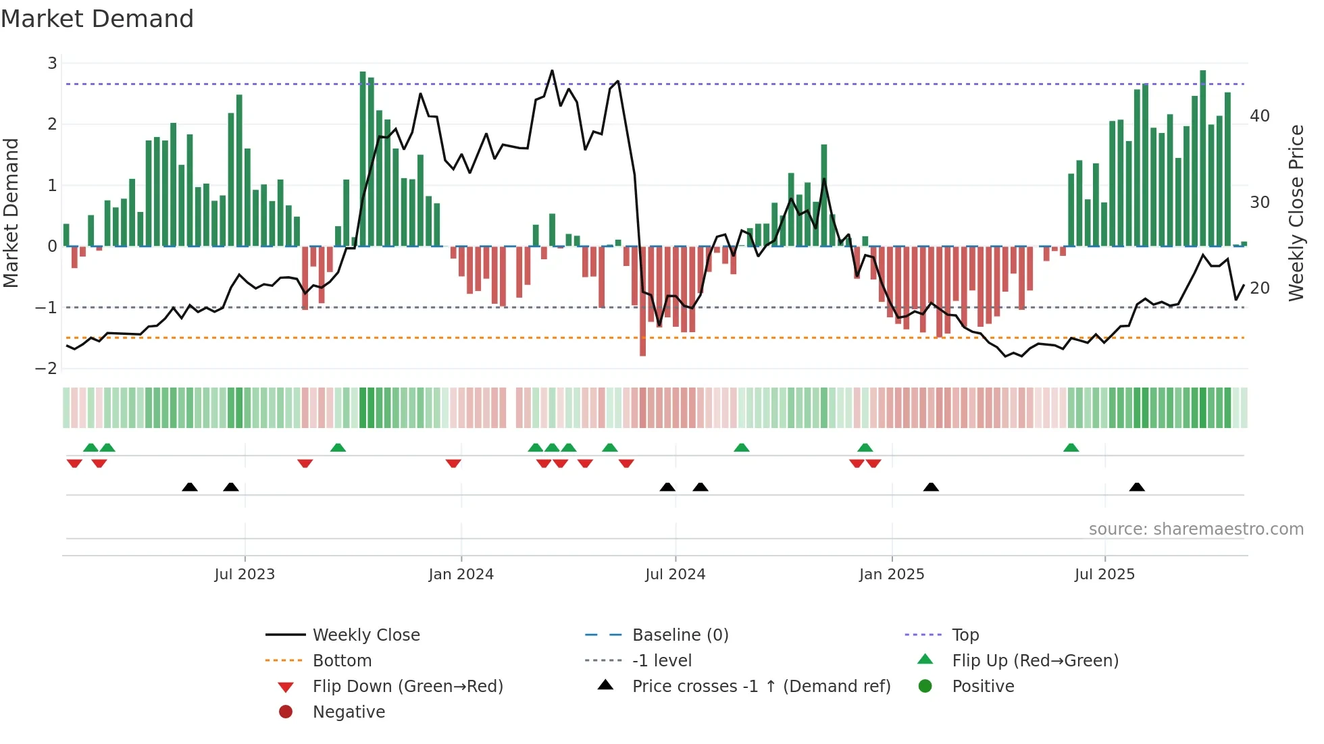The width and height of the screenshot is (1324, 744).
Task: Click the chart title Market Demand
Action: (x=97, y=19)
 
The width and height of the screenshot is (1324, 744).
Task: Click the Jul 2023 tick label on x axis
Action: (x=245, y=575)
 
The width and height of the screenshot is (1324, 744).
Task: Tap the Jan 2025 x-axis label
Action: (x=892, y=575)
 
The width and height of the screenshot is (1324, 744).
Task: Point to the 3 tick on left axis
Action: (x=52, y=63)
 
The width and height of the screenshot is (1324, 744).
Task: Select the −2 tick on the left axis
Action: (x=47, y=369)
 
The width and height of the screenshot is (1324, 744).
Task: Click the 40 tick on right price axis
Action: (x=1260, y=116)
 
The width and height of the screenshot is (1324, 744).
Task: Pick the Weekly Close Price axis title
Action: (x=1296, y=213)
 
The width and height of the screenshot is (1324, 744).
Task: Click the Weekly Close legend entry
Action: (x=365, y=635)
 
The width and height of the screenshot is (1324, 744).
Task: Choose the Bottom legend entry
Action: (x=342, y=661)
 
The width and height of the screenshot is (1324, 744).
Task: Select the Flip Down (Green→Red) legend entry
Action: (x=407, y=687)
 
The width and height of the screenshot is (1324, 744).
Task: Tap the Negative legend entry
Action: (x=349, y=712)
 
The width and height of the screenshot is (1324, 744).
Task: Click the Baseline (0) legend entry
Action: (x=680, y=635)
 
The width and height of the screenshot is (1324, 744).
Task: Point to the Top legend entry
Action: (x=965, y=635)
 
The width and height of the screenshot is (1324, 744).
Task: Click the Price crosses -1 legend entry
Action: (x=761, y=687)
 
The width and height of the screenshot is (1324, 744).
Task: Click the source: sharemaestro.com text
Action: (x=1196, y=529)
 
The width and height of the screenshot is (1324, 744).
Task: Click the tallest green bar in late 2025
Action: (x=1202, y=158)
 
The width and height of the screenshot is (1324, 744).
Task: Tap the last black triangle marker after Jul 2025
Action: (x=1137, y=487)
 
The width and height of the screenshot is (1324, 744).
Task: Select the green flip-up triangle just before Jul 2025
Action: (x=1071, y=448)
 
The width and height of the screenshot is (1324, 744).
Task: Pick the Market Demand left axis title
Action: (x=11, y=213)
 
